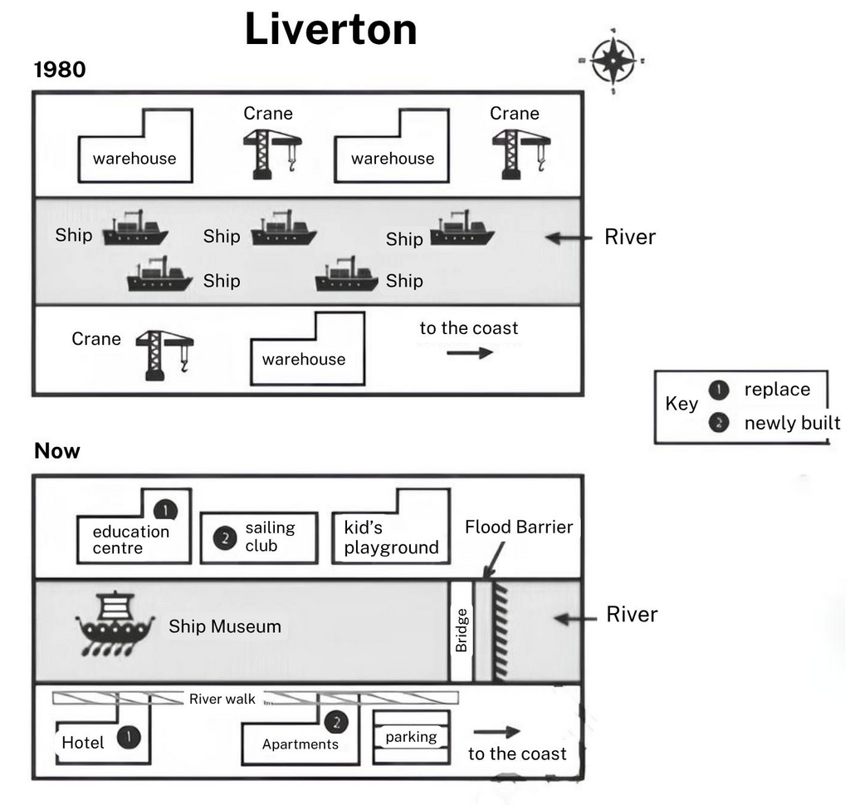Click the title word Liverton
[330, 30]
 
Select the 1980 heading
[60, 70]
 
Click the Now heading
[57, 451]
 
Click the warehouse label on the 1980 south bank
[304, 359]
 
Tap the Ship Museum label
[225, 626]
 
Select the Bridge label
[462, 630]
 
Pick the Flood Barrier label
[519, 527]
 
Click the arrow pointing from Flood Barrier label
[494, 558]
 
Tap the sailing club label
[270, 537]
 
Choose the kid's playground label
[391, 537]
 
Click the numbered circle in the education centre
[166, 509]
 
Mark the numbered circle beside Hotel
[128, 736]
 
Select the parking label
[411, 737]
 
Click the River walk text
[222, 699]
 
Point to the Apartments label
[300, 744]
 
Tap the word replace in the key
[777, 390]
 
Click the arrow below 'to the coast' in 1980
[470, 352]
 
